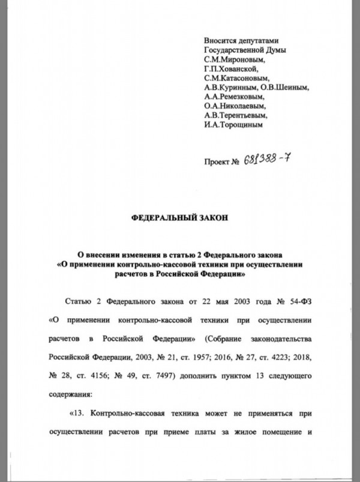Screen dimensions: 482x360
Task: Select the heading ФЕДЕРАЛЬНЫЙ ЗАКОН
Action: point(179,220)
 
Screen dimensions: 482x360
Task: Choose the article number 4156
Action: point(100,374)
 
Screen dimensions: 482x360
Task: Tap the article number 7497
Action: point(166,374)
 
